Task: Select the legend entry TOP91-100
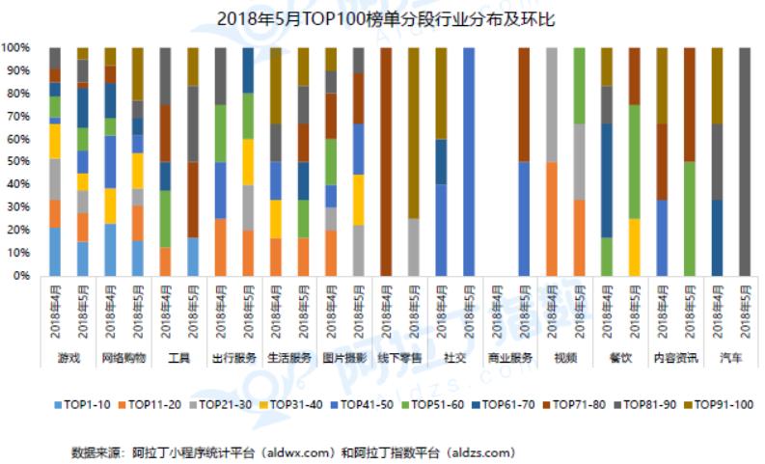pos(718,404)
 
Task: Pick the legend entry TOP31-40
pos(295,404)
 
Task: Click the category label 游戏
pos(68,357)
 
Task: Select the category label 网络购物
pos(123,357)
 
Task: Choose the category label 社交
pos(455,357)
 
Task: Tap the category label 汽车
pos(730,357)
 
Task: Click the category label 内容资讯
pos(675,357)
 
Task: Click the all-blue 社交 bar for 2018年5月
pos(469,161)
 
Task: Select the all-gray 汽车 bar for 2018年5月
pos(744,161)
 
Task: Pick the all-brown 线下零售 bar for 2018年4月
pos(387,161)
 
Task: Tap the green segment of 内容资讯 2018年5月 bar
pos(689,218)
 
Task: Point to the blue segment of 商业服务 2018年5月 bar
pos(524,218)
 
